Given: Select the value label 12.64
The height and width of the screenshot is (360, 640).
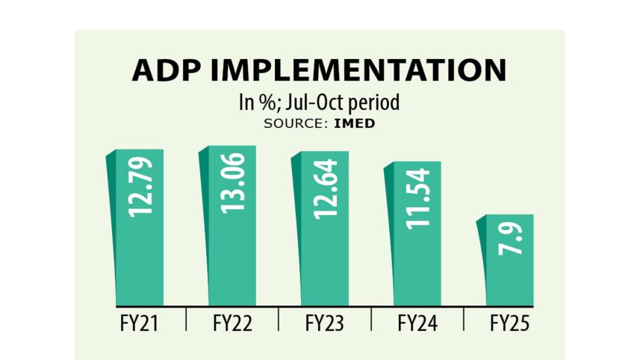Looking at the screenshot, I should (326, 188).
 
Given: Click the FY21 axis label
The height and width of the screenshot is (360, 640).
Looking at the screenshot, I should (140, 324).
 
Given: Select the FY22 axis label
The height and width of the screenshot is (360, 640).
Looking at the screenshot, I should (232, 324).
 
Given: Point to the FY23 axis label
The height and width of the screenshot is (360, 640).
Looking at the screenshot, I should (325, 324).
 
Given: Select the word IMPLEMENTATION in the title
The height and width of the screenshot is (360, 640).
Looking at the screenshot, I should (358, 70).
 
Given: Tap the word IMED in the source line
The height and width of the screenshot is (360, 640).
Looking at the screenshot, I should (355, 124).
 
